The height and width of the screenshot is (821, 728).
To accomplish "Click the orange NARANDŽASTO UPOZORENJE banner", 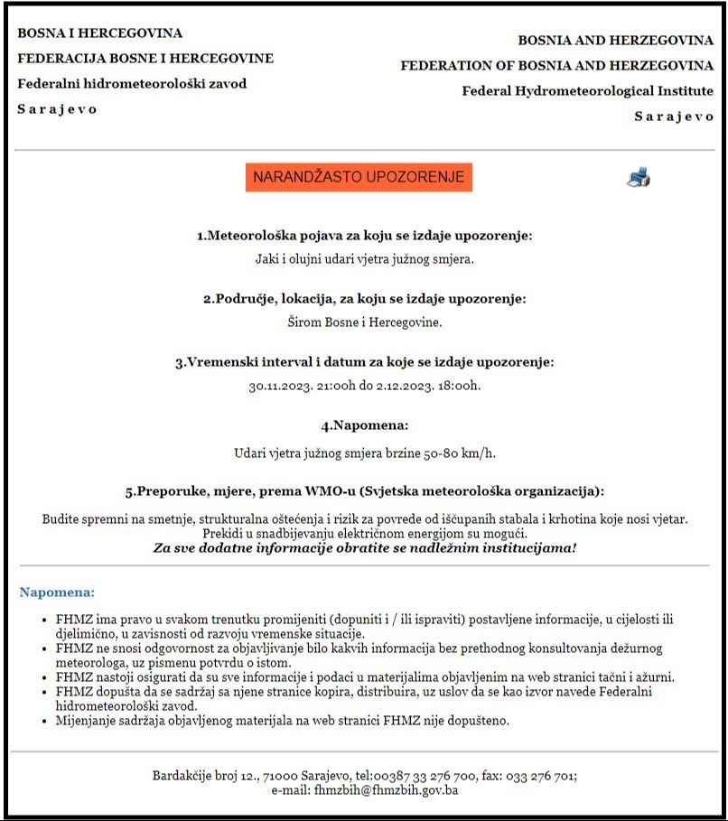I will [359, 177].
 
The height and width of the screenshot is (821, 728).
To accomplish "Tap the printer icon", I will [638, 177].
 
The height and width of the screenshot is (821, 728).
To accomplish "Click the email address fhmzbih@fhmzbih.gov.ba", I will [386, 790].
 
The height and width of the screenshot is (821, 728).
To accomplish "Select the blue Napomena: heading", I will [57, 592].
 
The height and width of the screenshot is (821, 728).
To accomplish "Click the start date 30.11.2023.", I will [280, 386].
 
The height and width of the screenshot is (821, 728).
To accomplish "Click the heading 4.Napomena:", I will [364, 424].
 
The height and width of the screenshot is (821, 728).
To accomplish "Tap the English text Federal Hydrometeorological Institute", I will [587, 91].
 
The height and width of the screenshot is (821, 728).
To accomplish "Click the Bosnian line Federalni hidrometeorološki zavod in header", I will [132, 84].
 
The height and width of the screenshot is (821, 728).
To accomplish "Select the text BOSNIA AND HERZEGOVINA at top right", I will [615, 41].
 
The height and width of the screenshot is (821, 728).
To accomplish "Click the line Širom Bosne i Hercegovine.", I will [364, 322].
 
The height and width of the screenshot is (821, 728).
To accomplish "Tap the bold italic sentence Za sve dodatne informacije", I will [364, 548].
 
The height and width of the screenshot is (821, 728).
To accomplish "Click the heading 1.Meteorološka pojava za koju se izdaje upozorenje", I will [364, 236].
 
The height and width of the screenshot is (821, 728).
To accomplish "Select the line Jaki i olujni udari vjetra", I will [364, 259].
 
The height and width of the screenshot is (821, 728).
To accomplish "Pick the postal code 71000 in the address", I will [281, 776].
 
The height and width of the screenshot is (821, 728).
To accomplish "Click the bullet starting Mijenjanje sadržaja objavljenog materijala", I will [282, 720].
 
